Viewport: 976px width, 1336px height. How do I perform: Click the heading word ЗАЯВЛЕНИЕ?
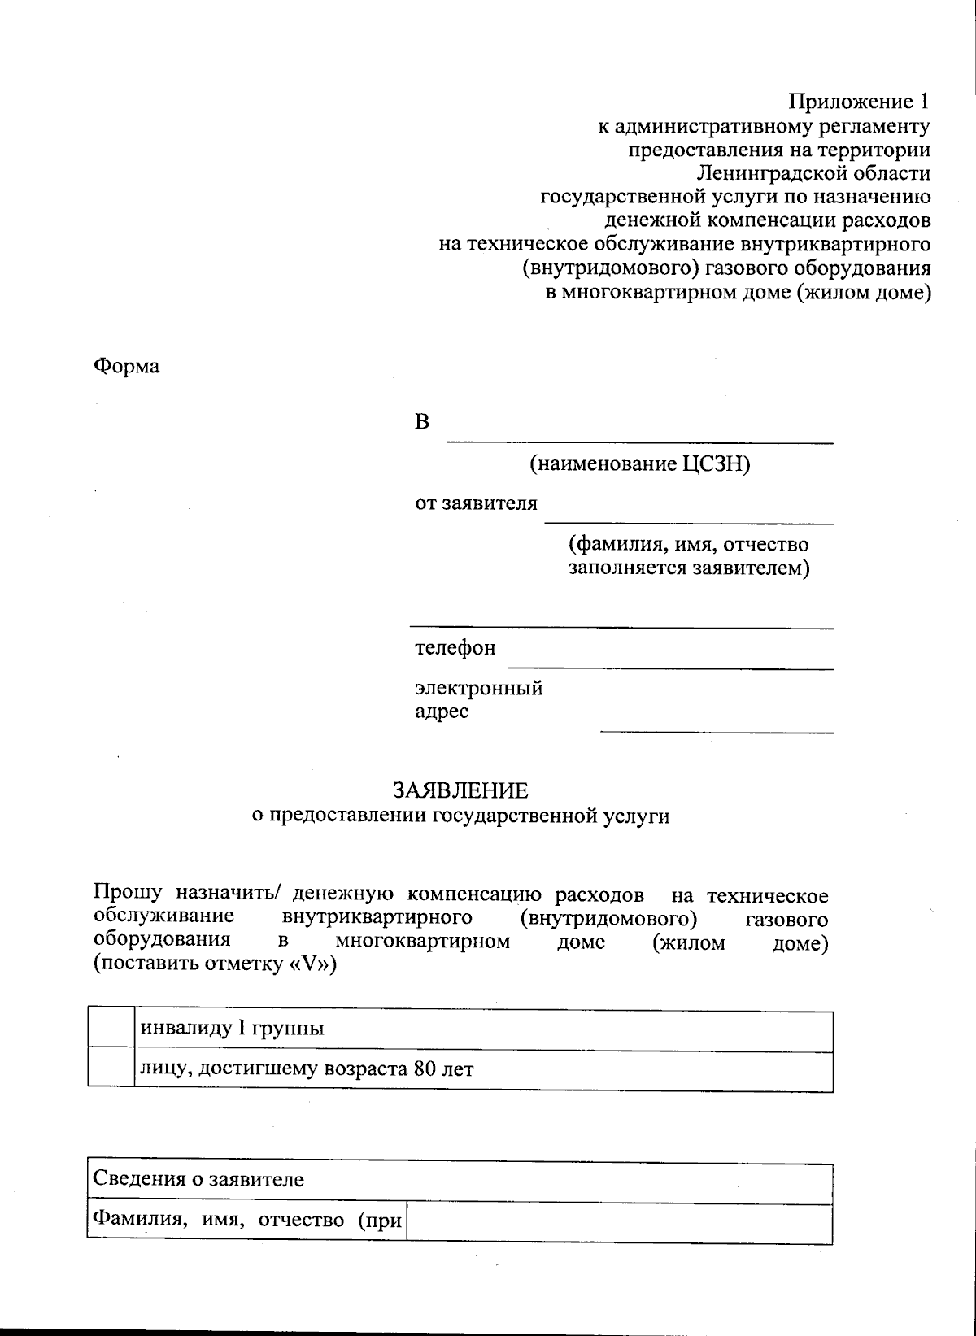pyautogui.click(x=460, y=790)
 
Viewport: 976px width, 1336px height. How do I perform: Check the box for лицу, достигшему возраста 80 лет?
pyautogui.click(x=111, y=1071)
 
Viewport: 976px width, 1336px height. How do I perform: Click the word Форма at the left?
pyautogui.click(x=127, y=366)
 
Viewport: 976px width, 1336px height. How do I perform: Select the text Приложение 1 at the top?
pyautogui.click(x=859, y=102)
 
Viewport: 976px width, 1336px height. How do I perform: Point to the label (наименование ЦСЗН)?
pyautogui.click(x=639, y=464)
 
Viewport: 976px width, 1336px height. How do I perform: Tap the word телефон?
pyautogui.click(x=455, y=649)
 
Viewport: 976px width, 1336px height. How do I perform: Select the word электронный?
pyautogui.click(x=478, y=688)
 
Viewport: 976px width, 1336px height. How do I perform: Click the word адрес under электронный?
pyautogui.click(x=442, y=712)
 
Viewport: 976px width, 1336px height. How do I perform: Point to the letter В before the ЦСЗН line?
pyautogui.click(x=422, y=422)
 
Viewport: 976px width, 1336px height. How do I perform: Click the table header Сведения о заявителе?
pyautogui.click(x=198, y=1179)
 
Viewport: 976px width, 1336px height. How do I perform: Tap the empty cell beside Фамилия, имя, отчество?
pyautogui.click(x=618, y=1222)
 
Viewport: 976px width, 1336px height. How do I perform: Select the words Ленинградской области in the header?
pyautogui.click(x=813, y=173)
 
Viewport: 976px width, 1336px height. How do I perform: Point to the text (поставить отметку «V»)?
pyautogui.click(x=215, y=965)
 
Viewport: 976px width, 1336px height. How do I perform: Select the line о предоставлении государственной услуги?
pyautogui.click(x=460, y=816)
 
